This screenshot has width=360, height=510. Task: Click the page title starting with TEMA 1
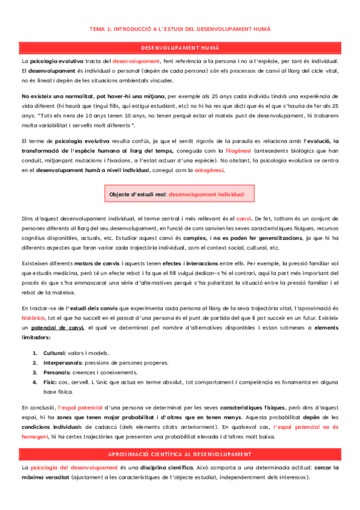tap(180, 28)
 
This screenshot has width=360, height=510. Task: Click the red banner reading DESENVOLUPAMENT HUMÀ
tap(180, 48)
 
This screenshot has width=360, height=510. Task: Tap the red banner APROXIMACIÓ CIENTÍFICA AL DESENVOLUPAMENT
tap(180, 453)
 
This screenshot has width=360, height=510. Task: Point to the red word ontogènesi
tap(209, 170)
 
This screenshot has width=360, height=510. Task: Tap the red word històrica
tap(33, 316)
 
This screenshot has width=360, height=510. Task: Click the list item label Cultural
tap(55, 352)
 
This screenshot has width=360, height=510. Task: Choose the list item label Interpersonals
tap(64, 363)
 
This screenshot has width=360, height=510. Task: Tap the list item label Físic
tap(50, 382)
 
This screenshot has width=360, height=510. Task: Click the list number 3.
tap(34, 372)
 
